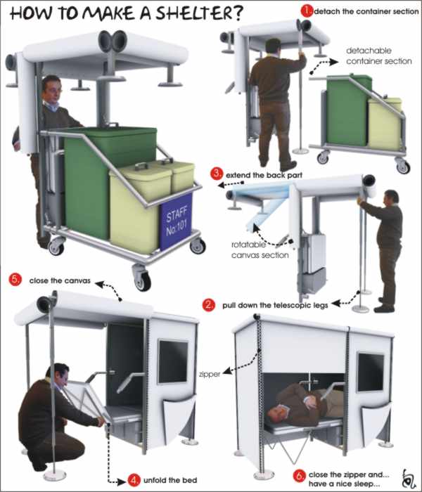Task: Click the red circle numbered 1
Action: click(x=307, y=11)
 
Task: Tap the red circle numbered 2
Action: click(x=209, y=305)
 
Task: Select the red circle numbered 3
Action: click(x=217, y=174)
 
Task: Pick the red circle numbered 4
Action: click(x=134, y=480)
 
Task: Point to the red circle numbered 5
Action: click(x=15, y=280)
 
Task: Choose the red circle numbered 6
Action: click(x=299, y=476)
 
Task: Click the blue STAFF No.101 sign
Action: click(x=176, y=221)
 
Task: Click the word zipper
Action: click(x=210, y=375)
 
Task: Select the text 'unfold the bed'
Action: click(x=170, y=480)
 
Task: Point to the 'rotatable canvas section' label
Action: click(x=260, y=250)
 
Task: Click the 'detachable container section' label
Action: click(x=378, y=56)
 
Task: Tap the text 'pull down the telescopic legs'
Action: click(x=275, y=305)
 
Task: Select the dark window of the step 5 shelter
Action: click(x=173, y=361)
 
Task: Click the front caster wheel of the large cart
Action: click(x=142, y=278)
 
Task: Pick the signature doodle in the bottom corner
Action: click(x=409, y=478)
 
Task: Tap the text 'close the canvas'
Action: click(x=60, y=280)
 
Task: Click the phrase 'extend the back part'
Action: click(x=264, y=175)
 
